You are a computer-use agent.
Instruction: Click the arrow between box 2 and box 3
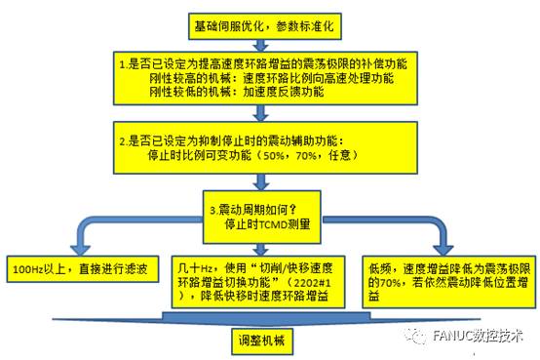(x=258, y=181)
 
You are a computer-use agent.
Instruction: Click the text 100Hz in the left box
(x=28, y=267)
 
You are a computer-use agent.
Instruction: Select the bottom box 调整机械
(x=256, y=341)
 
